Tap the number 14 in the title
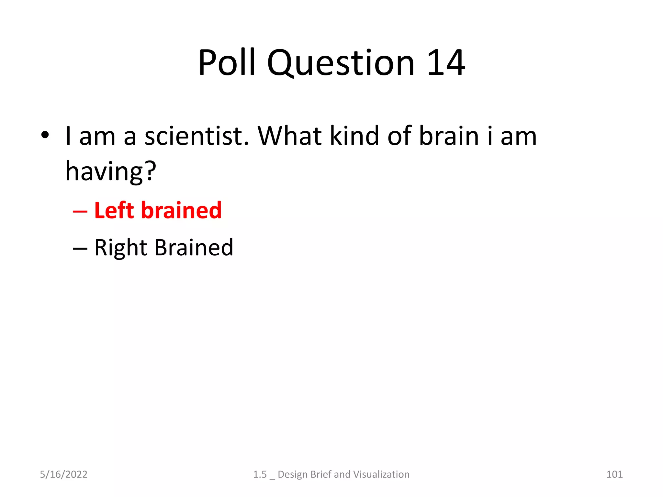[446, 63]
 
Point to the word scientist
[197, 136]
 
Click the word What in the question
[289, 136]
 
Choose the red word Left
[114, 210]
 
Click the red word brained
[182, 210]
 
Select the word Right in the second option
[121, 248]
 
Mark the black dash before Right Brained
[80, 248]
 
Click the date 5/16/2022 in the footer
[63, 474]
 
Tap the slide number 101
[614, 474]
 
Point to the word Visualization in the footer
[381, 474]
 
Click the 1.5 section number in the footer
[260, 474]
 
